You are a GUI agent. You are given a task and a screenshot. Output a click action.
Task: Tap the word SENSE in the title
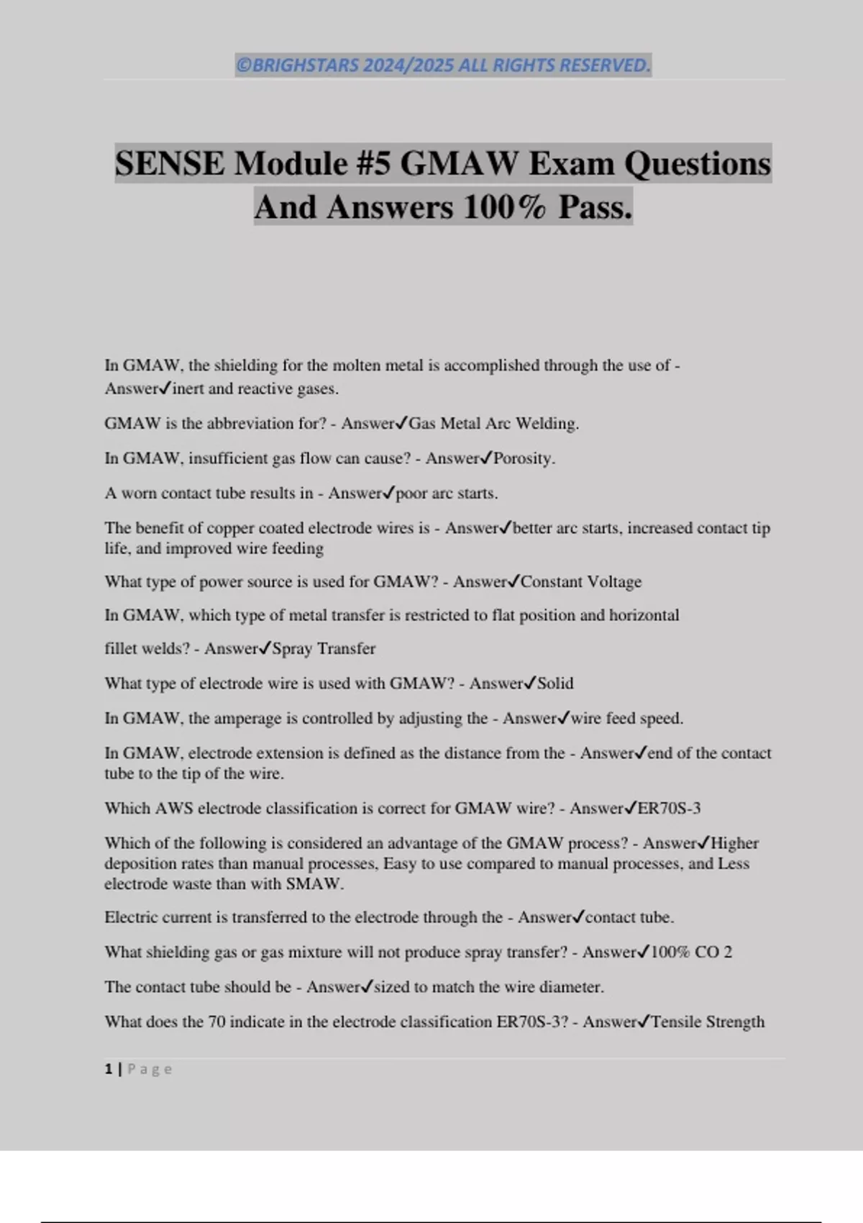(170, 163)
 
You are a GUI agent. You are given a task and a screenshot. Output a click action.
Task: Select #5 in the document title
(373, 163)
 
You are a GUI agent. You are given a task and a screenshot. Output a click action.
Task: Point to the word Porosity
(524, 458)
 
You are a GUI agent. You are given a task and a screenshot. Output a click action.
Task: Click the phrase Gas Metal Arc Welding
(493, 424)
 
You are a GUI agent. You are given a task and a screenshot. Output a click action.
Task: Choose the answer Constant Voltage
(580, 582)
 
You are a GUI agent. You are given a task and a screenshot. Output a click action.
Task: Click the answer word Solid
(555, 683)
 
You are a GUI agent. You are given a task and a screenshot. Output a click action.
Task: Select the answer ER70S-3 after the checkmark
(669, 809)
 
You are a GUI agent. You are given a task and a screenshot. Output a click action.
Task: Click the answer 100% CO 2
(691, 953)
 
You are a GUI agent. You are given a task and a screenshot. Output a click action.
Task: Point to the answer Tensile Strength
(707, 1022)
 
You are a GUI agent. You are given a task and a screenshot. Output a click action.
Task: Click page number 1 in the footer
(109, 1069)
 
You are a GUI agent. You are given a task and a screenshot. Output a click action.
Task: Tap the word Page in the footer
(150, 1069)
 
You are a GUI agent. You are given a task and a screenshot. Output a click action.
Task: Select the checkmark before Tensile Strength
(644, 1022)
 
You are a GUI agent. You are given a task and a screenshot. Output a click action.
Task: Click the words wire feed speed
(626, 719)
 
